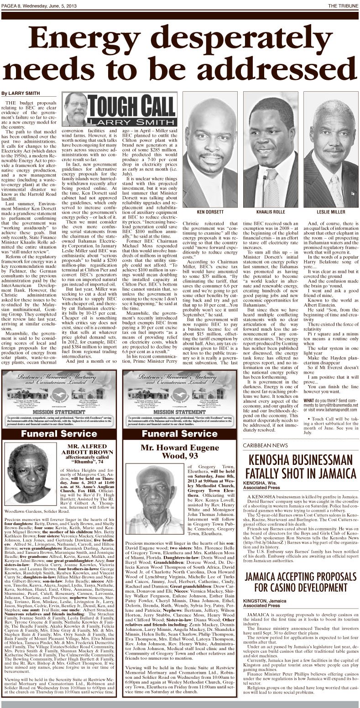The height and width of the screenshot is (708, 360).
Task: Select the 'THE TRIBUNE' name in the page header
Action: coord(342,5)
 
